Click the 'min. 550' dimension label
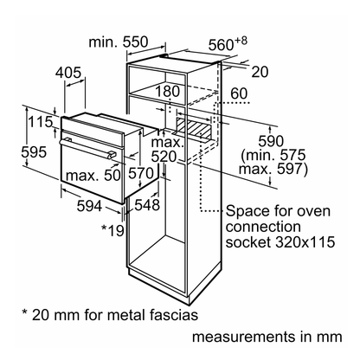pyautogui.click(x=119, y=42)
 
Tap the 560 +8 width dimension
pyautogui.click(x=228, y=43)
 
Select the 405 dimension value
pyautogui.click(x=68, y=73)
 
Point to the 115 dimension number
pyautogui.click(x=40, y=122)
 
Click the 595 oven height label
pyautogui.click(x=34, y=152)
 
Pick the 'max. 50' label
pyautogui.click(x=93, y=175)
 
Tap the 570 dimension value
pyautogui.click(x=141, y=173)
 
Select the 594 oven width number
pyautogui.click(x=89, y=206)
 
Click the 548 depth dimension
pyautogui.click(x=147, y=205)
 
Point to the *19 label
pyautogui.click(x=112, y=230)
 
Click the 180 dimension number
pyautogui.click(x=168, y=92)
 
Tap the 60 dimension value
pyautogui.click(x=239, y=93)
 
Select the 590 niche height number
pyautogui.click(x=271, y=141)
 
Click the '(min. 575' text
pyautogui.click(x=273, y=155)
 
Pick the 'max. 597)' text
pyautogui.click(x=273, y=169)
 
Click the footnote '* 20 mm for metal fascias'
pyautogui.click(x=110, y=315)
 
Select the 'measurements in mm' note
pyautogui.click(x=267, y=337)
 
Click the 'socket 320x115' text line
pyautogui.click(x=280, y=241)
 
